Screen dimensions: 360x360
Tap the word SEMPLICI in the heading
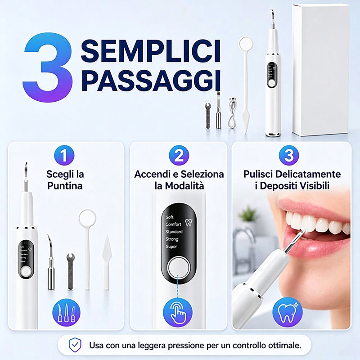[151, 51]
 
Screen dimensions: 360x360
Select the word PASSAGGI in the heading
[151, 81]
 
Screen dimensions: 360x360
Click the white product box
[321, 70]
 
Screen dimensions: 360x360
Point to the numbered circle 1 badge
[64, 155]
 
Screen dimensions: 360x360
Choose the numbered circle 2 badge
[179, 155]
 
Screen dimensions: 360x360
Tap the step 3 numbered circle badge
[289, 155]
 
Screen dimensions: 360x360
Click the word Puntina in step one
[65, 186]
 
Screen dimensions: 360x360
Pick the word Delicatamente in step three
[308, 174]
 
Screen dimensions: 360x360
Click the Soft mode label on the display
[170, 217]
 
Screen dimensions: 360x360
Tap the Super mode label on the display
[171, 247]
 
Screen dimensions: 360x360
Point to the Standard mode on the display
[174, 232]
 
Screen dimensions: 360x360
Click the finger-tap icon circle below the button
[178, 313]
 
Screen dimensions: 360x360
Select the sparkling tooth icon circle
[288, 312]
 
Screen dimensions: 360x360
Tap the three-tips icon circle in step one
[66, 313]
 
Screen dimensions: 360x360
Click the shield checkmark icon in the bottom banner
[75, 345]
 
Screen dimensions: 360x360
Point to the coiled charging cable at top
[232, 113]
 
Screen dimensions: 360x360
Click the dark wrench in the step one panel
[71, 271]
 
